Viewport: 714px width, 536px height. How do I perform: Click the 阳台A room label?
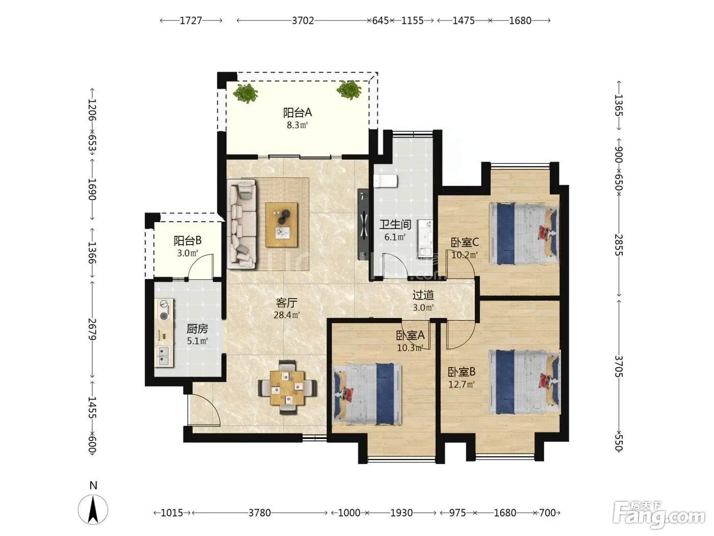[297, 113]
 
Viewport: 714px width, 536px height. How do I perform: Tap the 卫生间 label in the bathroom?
[395, 224]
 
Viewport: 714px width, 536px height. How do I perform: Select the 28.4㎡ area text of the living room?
[287, 315]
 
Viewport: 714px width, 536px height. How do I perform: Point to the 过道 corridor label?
[423, 295]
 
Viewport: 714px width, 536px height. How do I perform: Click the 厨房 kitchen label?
[197, 329]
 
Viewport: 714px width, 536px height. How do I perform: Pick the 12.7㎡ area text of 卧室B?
[461, 384]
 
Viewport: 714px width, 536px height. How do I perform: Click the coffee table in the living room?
[282, 225]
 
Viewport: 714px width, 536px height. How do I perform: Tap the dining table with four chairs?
[288, 387]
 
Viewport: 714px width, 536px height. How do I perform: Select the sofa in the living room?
[242, 224]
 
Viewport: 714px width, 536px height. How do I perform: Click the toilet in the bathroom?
[386, 181]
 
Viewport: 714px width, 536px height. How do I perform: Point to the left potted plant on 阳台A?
[246, 93]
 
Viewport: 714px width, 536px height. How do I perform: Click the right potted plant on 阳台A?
[349, 89]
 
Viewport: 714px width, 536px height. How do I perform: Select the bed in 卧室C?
[524, 234]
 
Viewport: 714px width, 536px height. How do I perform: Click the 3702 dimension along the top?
[303, 20]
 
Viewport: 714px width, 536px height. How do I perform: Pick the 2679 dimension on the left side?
[92, 329]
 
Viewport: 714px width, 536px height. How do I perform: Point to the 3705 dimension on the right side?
[619, 366]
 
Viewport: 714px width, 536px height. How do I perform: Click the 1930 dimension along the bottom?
[401, 513]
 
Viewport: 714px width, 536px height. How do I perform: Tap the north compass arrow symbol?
[93, 509]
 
